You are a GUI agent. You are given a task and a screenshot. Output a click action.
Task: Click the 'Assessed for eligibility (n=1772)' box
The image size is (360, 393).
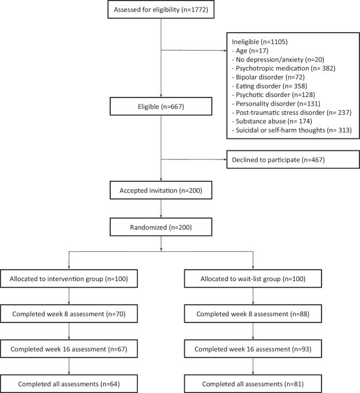[x=161, y=10]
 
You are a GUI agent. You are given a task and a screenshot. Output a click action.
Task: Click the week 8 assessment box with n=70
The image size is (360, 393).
[x=69, y=314]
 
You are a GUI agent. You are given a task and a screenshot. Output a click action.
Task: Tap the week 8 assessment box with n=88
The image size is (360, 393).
[x=254, y=314]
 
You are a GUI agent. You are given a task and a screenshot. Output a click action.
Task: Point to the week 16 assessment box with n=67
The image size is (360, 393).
[x=69, y=348]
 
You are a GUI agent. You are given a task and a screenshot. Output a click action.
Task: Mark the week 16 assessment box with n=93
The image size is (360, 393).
[x=254, y=348]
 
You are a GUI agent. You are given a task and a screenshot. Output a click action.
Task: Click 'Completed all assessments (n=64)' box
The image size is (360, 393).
[x=69, y=383]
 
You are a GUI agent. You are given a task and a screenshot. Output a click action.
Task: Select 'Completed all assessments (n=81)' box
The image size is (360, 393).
[x=254, y=383]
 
